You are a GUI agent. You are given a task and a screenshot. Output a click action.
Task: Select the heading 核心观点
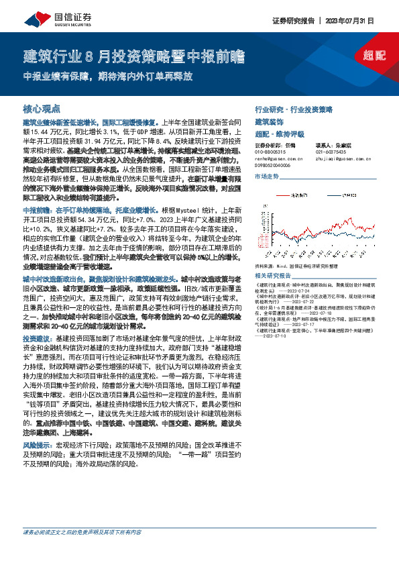[x=42, y=107]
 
